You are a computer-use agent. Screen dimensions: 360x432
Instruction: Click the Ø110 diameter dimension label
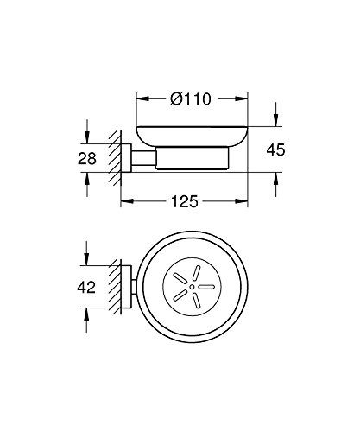point(191,98)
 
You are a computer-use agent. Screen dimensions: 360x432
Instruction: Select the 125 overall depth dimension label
point(185,201)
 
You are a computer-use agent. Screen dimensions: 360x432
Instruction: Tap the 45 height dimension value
point(275,150)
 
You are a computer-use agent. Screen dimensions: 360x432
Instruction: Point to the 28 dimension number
point(87,159)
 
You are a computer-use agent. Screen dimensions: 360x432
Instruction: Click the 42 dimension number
point(86,287)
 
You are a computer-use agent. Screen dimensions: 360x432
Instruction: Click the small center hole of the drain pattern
point(192,287)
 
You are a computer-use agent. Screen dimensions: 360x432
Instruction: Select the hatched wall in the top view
point(115,287)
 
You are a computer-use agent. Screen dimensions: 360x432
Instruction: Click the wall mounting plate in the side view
point(126,158)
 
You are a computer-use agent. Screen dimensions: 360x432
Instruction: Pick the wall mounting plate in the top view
point(126,287)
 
